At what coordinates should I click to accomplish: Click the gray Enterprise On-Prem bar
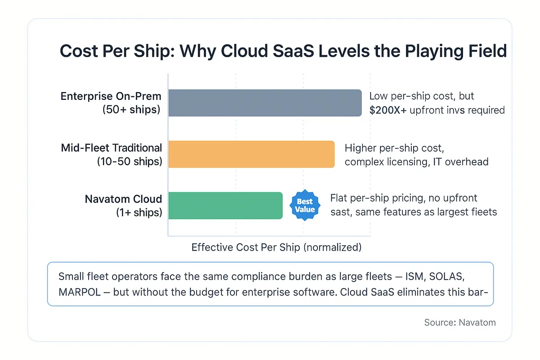pyautogui.click(x=265, y=103)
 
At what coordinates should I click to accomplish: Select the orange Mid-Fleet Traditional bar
pyautogui.click(x=252, y=154)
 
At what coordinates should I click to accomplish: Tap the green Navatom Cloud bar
pyautogui.click(x=225, y=206)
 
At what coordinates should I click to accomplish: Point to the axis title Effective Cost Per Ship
pyautogui.click(x=276, y=247)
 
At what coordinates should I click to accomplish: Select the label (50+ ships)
pyautogui.click(x=131, y=109)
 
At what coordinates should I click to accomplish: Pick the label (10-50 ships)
pyautogui.click(x=129, y=161)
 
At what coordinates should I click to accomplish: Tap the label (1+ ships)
pyautogui.click(x=139, y=212)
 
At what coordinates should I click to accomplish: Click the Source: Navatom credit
pyautogui.click(x=460, y=322)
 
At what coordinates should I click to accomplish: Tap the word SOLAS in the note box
pyautogui.click(x=464, y=275)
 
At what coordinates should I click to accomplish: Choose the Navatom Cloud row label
pyautogui.click(x=123, y=199)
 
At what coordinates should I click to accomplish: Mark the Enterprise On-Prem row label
pyautogui.click(x=111, y=96)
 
